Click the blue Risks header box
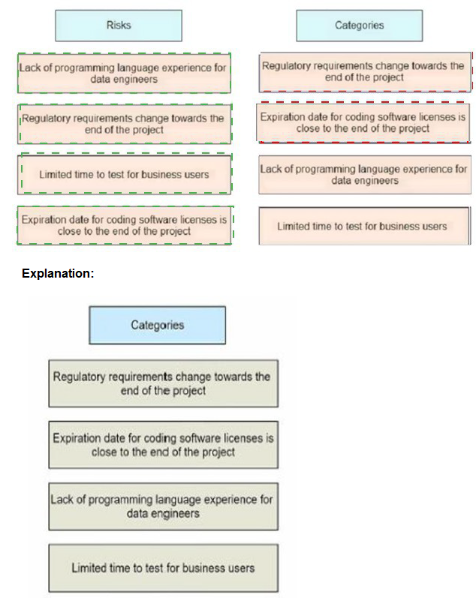point(118,26)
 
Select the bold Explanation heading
point(58,274)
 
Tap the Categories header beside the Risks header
point(359,26)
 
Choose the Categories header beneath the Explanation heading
point(157,325)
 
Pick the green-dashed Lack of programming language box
point(124,73)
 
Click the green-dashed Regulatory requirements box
point(124,124)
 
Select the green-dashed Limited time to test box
point(124,175)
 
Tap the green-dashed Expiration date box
point(124,225)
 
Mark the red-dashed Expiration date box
point(363,122)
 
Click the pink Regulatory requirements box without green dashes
point(363,71)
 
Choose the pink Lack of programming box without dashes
point(363,175)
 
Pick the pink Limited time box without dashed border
point(363,226)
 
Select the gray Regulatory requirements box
point(162,383)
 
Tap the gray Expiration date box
point(162,445)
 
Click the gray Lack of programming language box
point(162,506)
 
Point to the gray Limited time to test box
point(162,568)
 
